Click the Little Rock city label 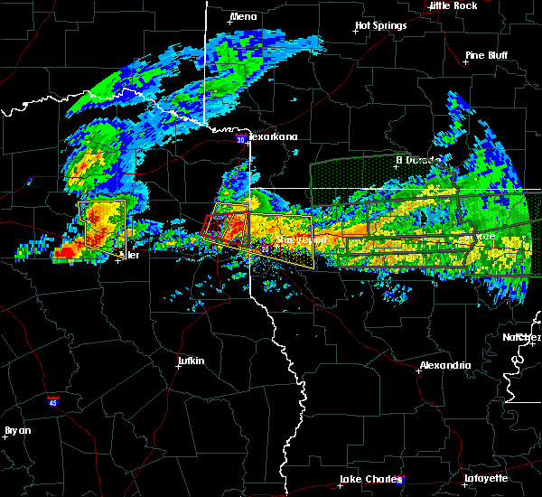pyautogui.click(x=453, y=5)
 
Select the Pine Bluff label pyautogui.click(x=486, y=55)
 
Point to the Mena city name pyautogui.click(x=244, y=16)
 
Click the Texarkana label pyautogui.click(x=275, y=136)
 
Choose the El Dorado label pyautogui.click(x=418, y=160)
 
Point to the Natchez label pyautogui.click(x=522, y=337)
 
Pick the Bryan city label pyautogui.click(x=17, y=430)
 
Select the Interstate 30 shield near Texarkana pyautogui.click(x=239, y=140)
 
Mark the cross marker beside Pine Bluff pyautogui.click(x=467, y=63)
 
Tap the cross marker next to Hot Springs pyautogui.click(x=356, y=32)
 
